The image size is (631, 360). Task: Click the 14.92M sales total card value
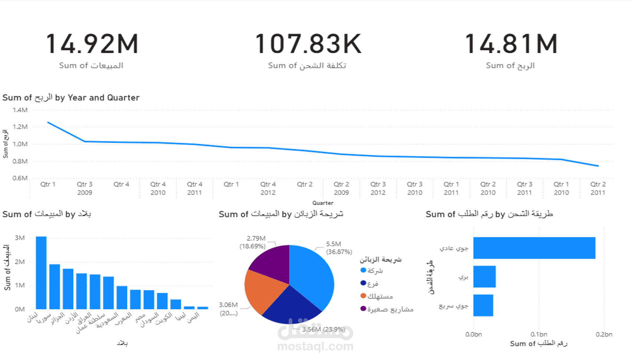[x=92, y=44]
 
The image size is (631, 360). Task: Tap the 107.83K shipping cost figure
[x=308, y=44]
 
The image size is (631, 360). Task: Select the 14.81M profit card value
[x=511, y=44]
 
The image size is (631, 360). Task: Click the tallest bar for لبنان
[x=41, y=273]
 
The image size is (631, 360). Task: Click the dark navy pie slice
[x=291, y=306]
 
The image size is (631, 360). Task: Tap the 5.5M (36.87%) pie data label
[x=339, y=248]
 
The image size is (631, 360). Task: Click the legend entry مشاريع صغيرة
[x=390, y=309]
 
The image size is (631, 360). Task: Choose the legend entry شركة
[x=375, y=271]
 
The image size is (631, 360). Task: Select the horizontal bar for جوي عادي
[x=534, y=248]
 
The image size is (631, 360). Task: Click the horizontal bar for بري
[x=484, y=276]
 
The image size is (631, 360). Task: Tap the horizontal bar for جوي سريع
[x=483, y=305]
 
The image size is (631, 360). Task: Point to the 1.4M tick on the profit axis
[x=20, y=110]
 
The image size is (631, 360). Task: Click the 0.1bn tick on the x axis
[x=539, y=334]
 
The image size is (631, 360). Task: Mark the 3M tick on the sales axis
[x=20, y=238]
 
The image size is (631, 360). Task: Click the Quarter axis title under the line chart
[x=323, y=203]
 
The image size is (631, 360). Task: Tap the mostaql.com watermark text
[x=315, y=347]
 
